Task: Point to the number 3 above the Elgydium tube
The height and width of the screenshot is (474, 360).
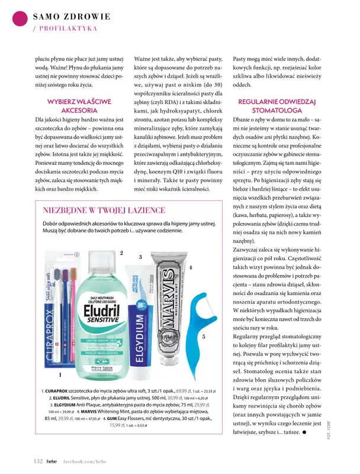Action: tap(140, 257)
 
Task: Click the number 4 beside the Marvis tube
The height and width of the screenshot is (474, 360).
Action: tap(191, 267)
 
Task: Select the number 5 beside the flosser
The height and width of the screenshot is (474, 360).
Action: tap(203, 337)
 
